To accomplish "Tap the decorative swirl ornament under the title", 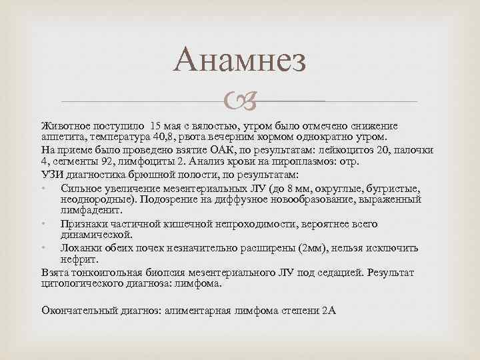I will pos(240,102).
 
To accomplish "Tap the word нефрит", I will pos(79,259).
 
